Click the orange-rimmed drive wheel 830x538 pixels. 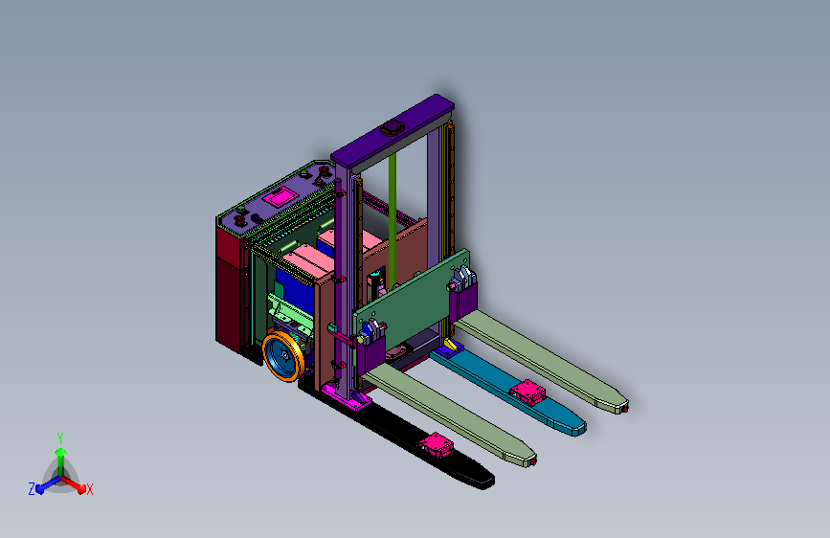[283, 356]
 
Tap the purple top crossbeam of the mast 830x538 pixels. [393, 129]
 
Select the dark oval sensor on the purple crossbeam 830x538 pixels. [392, 127]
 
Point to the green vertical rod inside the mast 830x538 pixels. [393, 221]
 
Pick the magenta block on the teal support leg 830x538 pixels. [527, 392]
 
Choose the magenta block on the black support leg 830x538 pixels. [437, 444]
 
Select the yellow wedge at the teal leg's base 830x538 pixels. [451, 346]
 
